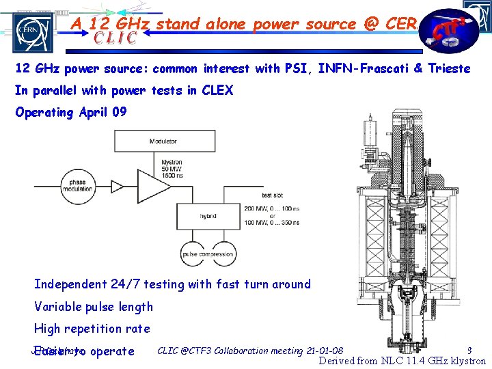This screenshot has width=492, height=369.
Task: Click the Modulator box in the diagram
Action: click(x=163, y=141)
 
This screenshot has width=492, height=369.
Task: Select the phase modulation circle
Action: click(x=78, y=187)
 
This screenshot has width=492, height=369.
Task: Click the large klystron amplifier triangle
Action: click(x=154, y=186)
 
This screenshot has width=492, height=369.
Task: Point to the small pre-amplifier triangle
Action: click(x=115, y=186)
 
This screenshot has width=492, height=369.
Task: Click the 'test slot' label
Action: click(x=272, y=196)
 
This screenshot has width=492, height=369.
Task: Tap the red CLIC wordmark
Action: click(x=106, y=38)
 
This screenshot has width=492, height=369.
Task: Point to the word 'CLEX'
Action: click(x=217, y=90)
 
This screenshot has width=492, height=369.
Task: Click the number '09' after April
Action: click(x=118, y=112)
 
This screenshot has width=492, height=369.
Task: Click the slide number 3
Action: click(x=469, y=351)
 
